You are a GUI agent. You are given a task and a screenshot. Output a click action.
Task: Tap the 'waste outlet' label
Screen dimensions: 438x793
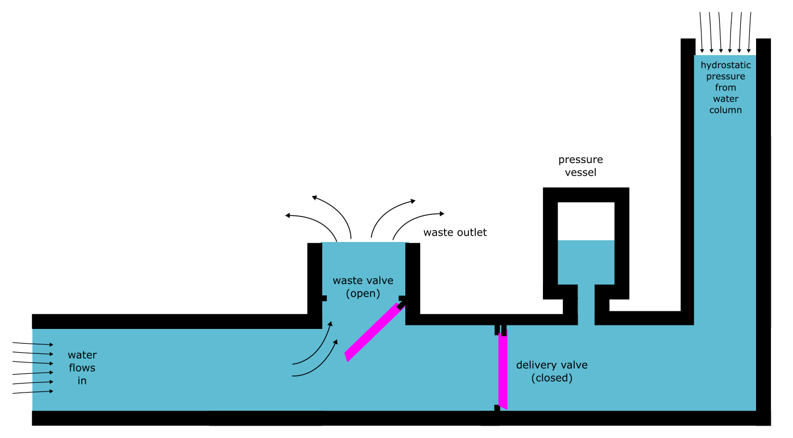click(x=455, y=232)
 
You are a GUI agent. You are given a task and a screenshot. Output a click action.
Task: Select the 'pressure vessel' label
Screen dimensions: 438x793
click(x=580, y=166)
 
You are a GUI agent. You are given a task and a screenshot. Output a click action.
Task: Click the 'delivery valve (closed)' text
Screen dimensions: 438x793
click(x=551, y=371)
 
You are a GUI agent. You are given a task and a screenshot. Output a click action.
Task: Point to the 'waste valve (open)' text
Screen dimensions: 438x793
click(x=363, y=287)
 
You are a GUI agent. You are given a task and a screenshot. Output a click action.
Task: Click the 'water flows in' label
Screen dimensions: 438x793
click(x=82, y=368)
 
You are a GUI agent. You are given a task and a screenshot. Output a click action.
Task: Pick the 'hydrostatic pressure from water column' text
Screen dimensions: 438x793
click(x=725, y=87)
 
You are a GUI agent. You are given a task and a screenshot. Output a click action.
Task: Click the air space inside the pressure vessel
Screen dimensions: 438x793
click(x=586, y=221)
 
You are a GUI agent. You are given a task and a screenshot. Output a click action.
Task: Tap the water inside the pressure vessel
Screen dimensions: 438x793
click(x=586, y=262)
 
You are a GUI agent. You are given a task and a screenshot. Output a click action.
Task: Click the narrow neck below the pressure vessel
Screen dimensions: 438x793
click(x=586, y=304)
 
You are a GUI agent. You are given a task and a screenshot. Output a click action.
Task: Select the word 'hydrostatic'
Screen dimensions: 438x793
click(x=725, y=65)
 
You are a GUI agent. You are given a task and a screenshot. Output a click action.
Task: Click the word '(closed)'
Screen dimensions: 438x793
click(x=551, y=378)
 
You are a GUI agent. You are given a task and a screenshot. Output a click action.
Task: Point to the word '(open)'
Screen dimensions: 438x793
click(x=363, y=294)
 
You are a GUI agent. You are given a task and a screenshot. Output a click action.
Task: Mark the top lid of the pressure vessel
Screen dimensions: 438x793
click(x=586, y=194)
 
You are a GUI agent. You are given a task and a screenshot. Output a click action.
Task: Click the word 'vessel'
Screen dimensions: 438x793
click(x=580, y=172)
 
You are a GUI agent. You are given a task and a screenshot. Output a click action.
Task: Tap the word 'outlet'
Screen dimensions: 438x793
click(x=472, y=232)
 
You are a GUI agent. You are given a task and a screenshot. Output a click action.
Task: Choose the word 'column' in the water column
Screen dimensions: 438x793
click(x=725, y=110)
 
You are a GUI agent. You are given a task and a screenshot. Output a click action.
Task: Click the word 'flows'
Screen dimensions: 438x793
click(x=82, y=368)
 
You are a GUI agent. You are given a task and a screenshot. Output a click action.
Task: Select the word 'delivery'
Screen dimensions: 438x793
click(x=537, y=365)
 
